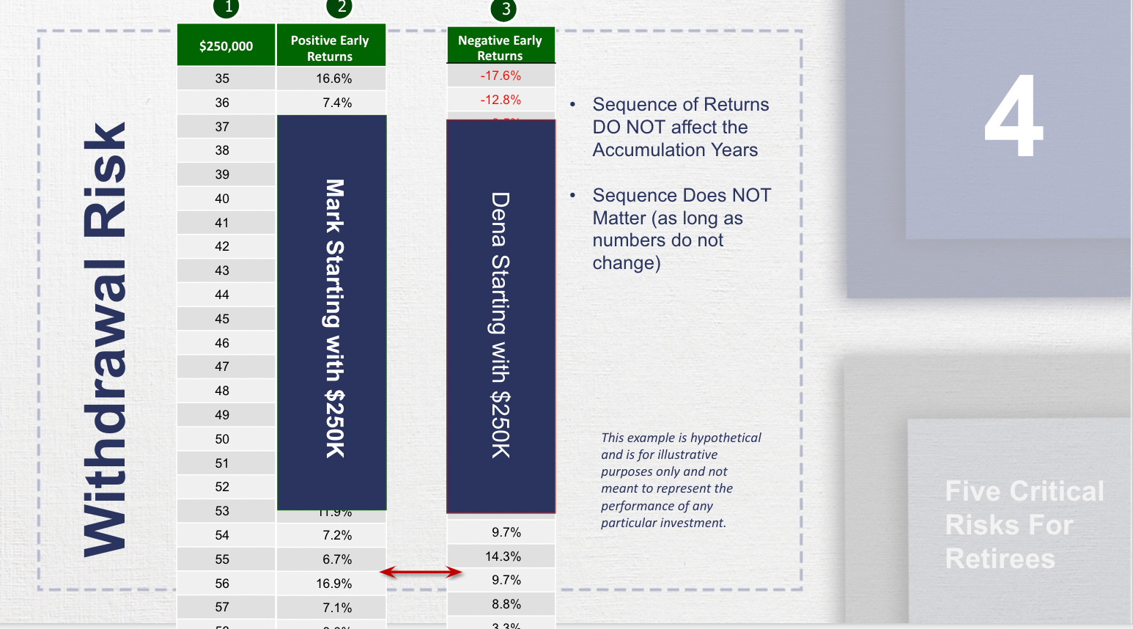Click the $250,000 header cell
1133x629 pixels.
(x=226, y=45)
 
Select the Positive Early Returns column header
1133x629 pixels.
(x=330, y=48)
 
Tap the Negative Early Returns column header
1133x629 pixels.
(x=501, y=48)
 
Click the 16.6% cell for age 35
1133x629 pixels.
(x=333, y=78)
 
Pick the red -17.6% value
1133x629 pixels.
(x=501, y=76)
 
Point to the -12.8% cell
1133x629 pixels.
(x=501, y=100)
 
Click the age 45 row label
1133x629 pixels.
(x=222, y=319)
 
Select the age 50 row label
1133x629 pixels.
(x=222, y=439)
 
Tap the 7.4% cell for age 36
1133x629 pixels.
(x=337, y=103)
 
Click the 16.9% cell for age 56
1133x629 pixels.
(x=333, y=584)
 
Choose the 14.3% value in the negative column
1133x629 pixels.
(x=503, y=556)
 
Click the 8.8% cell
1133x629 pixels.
(x=506, y=604)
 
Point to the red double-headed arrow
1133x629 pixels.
(x=421, y=572)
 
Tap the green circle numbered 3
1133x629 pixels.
(x=505, y=10)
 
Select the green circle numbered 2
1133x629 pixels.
(x=340, y=7)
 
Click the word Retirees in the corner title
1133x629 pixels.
(x=1000, y=559)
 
